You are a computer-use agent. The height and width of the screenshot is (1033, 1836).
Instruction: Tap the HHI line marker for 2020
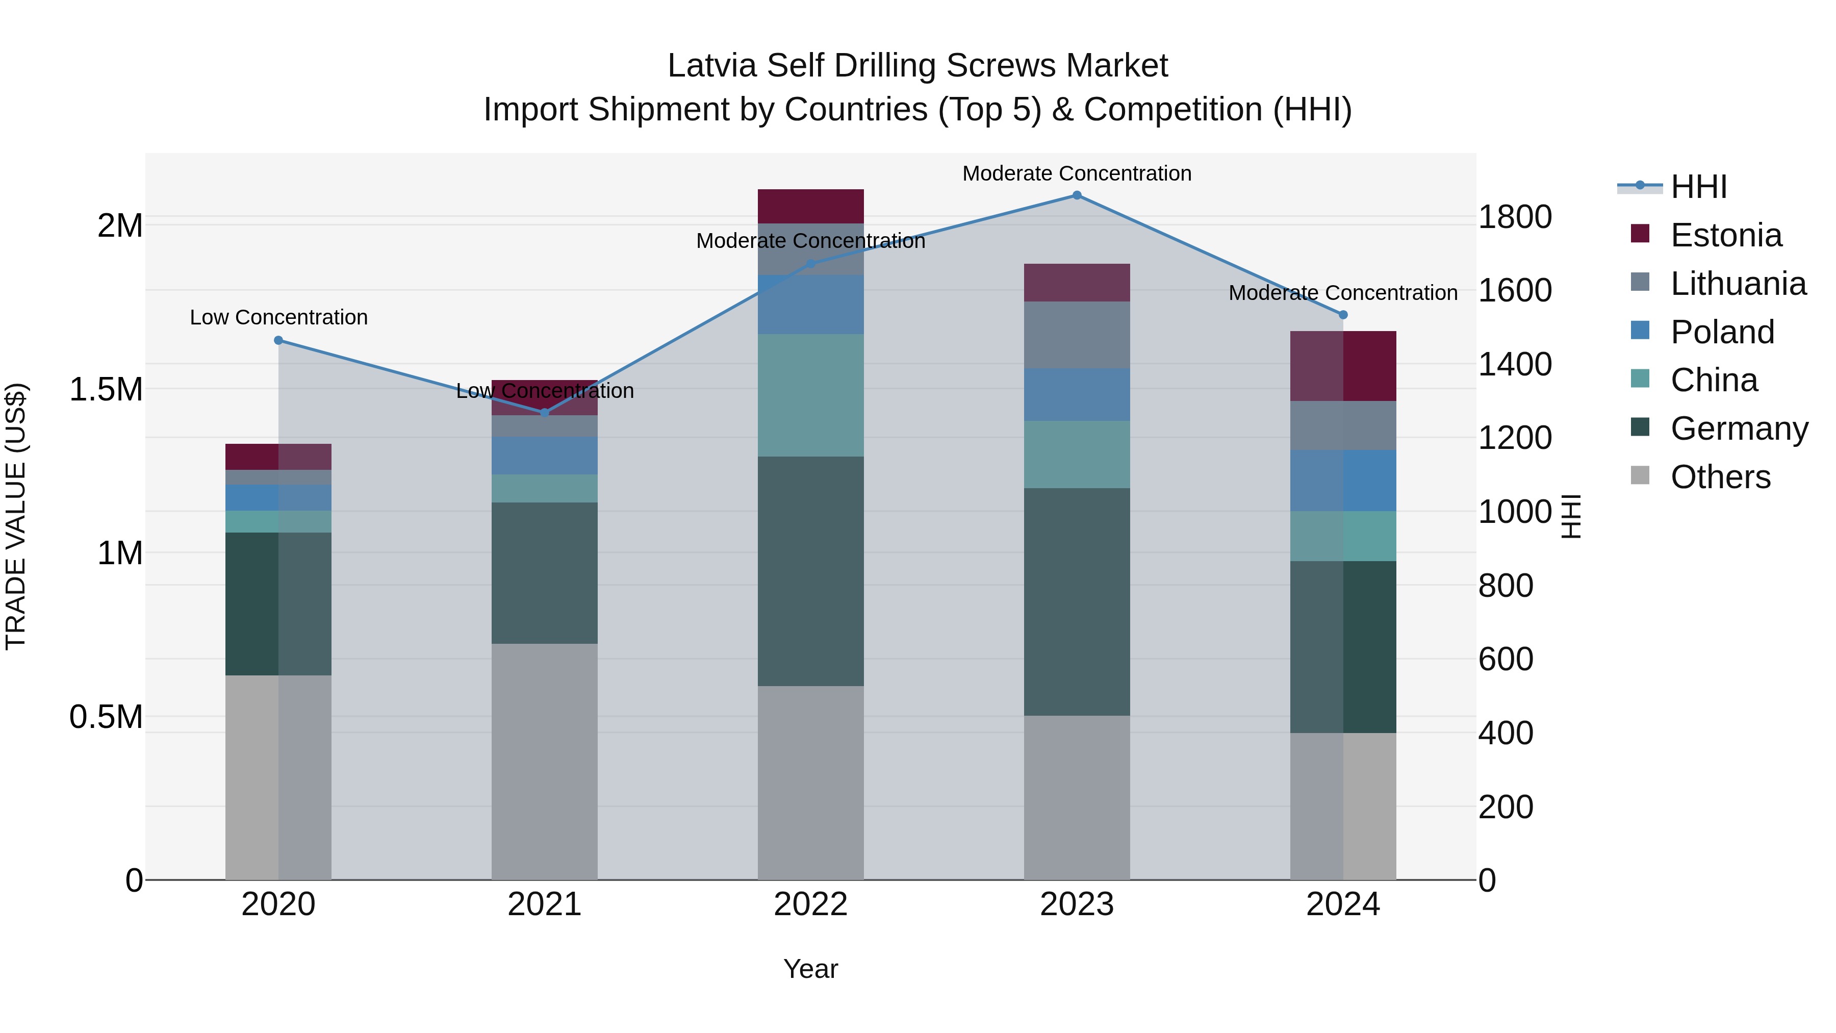278,340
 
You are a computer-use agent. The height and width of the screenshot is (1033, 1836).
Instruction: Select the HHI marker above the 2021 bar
545,412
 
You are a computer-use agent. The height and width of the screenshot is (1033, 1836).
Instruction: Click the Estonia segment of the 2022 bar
810,206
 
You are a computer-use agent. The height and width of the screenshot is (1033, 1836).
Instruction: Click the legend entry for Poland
1721,332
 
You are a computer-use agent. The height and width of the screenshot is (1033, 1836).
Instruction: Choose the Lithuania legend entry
1737,284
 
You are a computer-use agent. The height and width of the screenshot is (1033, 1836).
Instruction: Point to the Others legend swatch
1640,475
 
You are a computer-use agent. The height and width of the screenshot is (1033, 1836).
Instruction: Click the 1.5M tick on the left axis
106,390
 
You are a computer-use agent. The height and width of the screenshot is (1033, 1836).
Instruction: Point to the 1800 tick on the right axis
1515,217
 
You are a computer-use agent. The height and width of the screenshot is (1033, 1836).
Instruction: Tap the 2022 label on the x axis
810,904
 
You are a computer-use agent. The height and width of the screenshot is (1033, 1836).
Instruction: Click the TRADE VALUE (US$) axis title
16,516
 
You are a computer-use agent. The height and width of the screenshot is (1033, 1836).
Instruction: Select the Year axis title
810,969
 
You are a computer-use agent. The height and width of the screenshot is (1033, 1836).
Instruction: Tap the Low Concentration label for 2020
278,317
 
